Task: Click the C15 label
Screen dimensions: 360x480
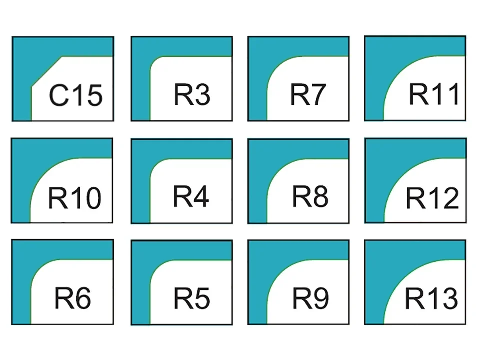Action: coord(76,95)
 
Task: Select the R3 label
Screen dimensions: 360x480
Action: coord(192,94)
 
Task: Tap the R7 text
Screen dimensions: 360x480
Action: coord(308,94)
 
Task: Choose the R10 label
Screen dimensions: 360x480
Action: coord(74,198)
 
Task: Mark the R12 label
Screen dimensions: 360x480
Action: coord(432,198)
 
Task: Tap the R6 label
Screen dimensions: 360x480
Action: coord(73,298)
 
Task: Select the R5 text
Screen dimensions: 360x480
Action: coord(192,298)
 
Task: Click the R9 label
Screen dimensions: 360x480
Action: coord(310,298)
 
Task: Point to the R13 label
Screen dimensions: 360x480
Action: coord(431,298)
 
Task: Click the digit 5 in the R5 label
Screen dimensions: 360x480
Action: coord(201,298)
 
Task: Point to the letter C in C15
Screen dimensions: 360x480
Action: coord(58,95)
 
